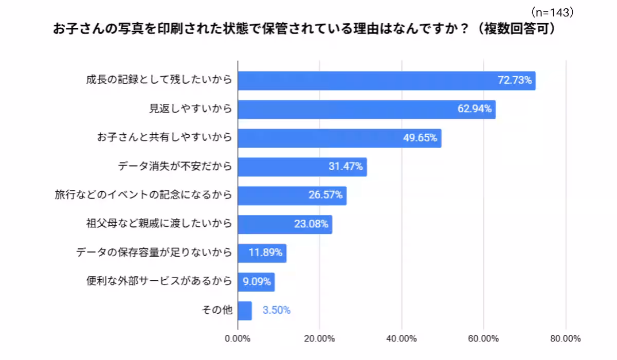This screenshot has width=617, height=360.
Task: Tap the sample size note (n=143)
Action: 552,12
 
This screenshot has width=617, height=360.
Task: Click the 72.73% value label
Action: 515,80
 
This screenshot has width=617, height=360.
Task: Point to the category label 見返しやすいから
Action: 190,109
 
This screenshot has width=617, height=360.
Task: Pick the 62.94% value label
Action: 475,109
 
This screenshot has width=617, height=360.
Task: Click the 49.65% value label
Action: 420,138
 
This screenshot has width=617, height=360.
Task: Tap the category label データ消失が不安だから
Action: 175,167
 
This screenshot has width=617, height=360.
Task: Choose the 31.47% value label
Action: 346,167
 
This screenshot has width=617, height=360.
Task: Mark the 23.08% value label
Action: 311,224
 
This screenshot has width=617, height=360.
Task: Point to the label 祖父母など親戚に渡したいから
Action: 159,224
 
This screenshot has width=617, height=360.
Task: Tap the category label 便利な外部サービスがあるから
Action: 159,282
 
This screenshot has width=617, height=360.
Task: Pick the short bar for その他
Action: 245,311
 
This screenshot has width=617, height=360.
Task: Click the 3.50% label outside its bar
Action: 277,311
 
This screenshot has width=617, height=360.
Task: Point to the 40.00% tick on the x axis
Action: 401,338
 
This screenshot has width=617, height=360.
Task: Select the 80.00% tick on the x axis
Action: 565,338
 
